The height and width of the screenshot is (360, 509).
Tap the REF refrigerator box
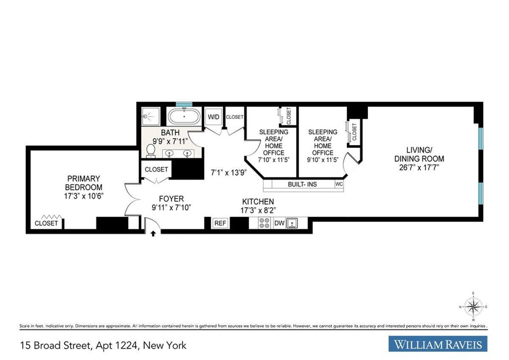point(220,223)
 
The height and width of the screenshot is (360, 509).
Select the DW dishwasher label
point(279,223)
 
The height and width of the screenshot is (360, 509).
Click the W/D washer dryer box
point(213,117)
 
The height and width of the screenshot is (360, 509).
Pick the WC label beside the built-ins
point(339,184)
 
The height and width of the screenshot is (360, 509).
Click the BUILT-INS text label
point(302,184)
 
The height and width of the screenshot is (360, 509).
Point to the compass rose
point(473,306)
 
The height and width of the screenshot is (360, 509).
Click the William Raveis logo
point(438,344)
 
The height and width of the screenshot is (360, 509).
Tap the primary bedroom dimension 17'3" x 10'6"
point(83,196)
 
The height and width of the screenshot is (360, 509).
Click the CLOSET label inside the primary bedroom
point(46,223)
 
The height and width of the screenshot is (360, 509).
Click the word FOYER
point(171,199)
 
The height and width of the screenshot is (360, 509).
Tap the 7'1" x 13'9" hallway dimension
point(229,173)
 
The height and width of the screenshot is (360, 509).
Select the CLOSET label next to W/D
point(235,117)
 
